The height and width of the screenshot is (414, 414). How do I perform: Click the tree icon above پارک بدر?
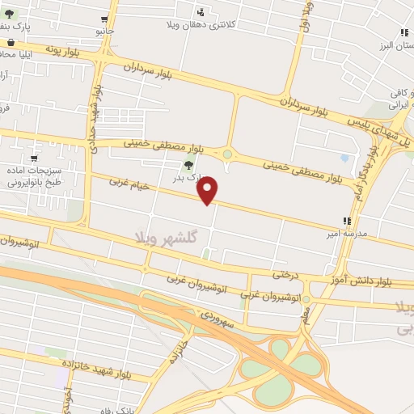pos(188,165)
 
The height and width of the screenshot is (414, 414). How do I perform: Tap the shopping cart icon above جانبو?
pos(105,19)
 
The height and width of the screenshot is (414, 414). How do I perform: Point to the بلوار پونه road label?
pos(42,48)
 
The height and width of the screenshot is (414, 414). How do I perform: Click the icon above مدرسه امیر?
pos(347,220)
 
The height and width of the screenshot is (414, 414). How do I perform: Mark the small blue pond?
pos(346,158)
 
